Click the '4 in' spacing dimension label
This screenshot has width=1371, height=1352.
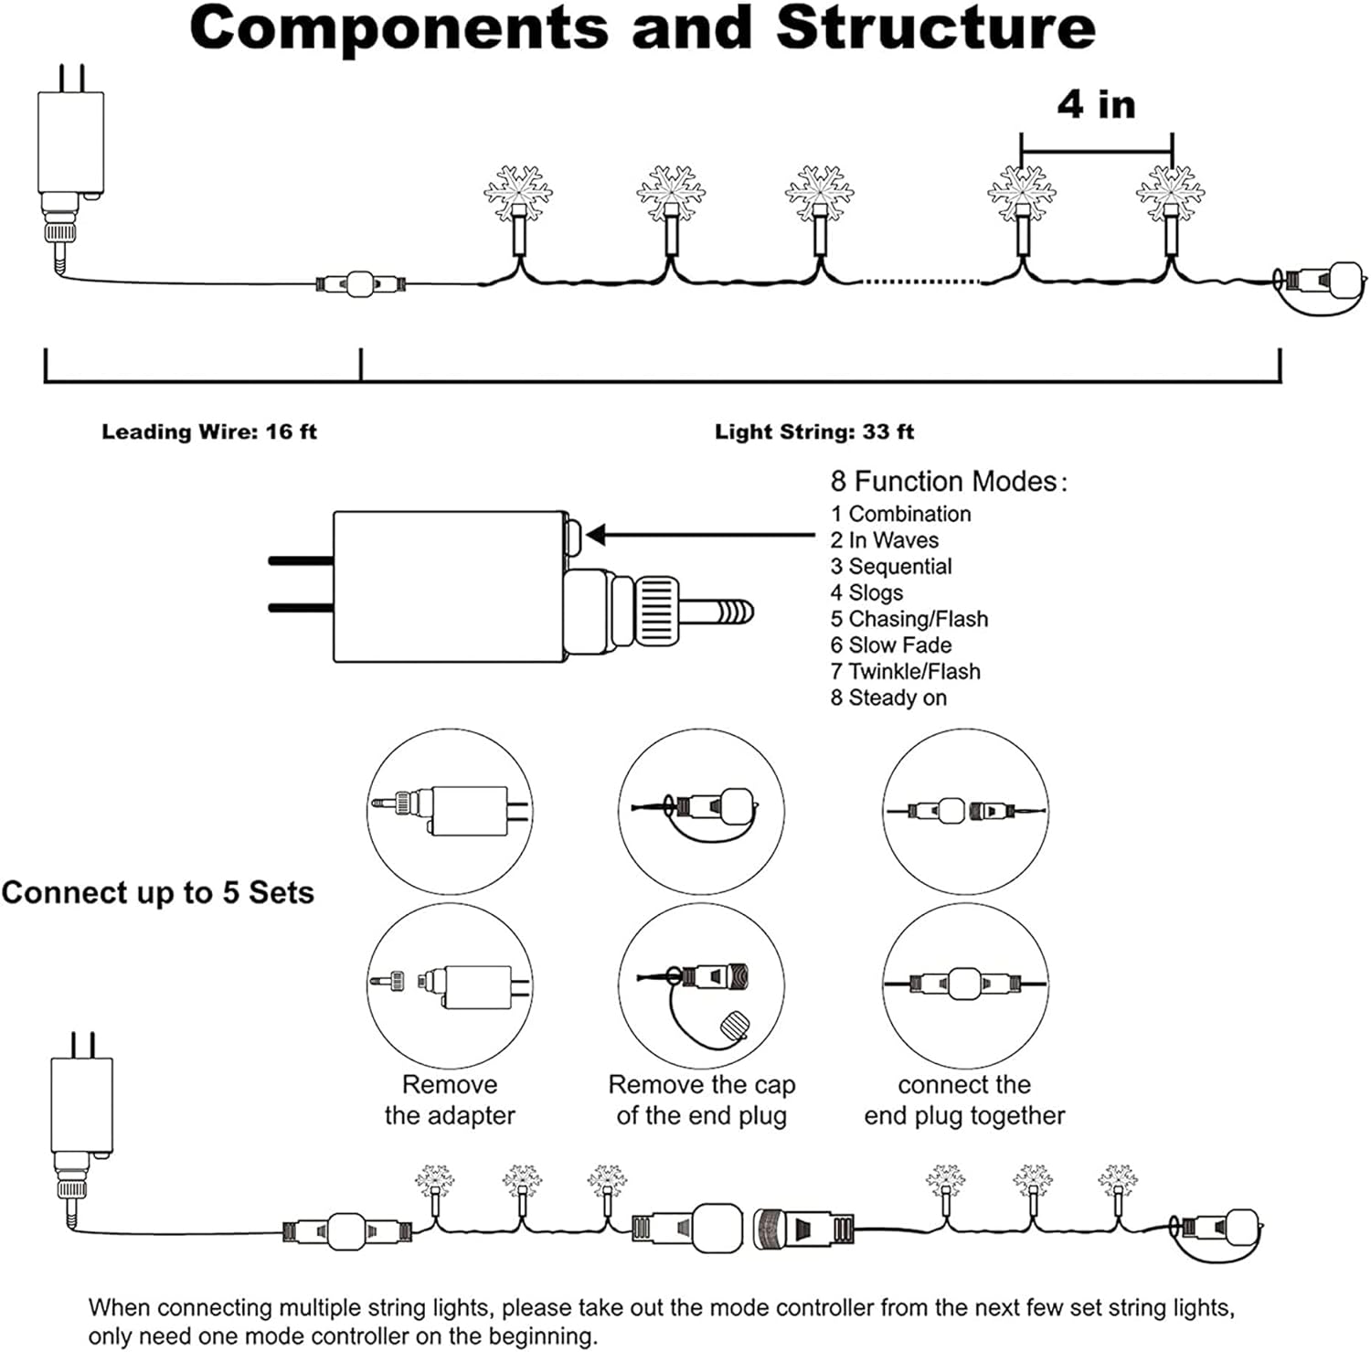pyautogui.click(x=1097, y=103)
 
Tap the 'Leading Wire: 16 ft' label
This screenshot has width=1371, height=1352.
pyautogui.click(x=209, y=431)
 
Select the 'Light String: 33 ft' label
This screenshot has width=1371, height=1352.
pyautogui.click(x=814, y=431)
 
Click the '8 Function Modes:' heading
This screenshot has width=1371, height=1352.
pyautogui.click(x=949, y=481)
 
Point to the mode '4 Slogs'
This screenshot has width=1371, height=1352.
pyautogui.click(x=866, y=592)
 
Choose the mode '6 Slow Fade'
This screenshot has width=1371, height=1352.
pyautogui.click(x=891, y=644)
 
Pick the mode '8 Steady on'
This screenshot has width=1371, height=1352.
pyautogui.click(x=888, y=697)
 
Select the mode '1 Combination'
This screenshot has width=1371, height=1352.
pyautogui.click(x=900, y=514)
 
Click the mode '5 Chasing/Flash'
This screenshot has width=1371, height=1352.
pyautogui.click(x=909, y=619)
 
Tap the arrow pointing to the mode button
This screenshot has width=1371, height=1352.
pyautogui.click(x=700, y=536)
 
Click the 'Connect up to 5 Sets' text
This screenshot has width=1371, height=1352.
pyautogui.click(x=158, y=892)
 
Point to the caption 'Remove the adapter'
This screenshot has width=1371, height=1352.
pyautogui.click(x=450, y=1100)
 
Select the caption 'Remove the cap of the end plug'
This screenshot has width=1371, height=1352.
pyautogui.click(x=702, y=1100)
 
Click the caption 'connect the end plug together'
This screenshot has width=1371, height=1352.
pyautogui.click(x=964, y=1100)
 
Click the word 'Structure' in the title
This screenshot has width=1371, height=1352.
pyautogui.click(x=935, y=27)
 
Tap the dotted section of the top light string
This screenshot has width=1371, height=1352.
pyautogui.click(x=921, y=282)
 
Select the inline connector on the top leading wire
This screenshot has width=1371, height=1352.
pyautogui.click(x=361, y=284)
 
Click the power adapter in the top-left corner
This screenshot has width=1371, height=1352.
pyautogui.click(x=70, y=165)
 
